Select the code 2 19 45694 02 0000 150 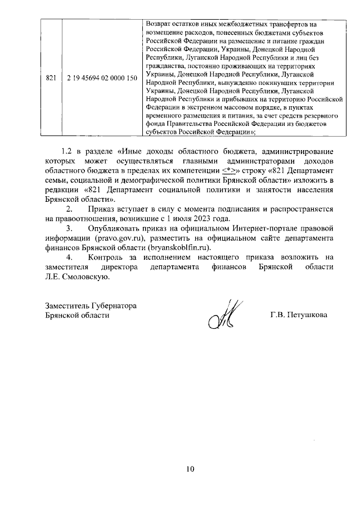(102, 78)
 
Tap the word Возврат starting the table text (159, 25)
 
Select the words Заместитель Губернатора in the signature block (91, 305)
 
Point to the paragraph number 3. (69, 229)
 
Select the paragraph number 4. (69, 258)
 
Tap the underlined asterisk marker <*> (228, 170)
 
